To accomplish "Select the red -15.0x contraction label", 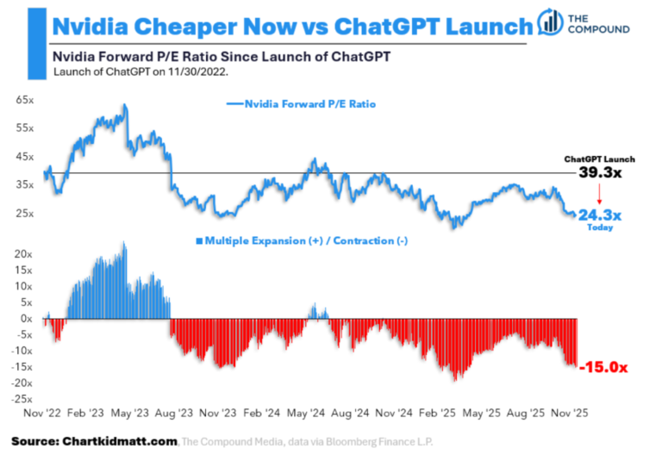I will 604,367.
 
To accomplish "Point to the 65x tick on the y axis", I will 24,100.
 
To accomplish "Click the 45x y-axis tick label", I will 24,157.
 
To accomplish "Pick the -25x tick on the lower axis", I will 21,399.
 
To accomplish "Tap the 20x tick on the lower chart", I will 23,254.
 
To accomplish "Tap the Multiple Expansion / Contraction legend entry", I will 302,241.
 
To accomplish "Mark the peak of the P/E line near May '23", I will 125,105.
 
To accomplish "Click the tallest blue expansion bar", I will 125,244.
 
